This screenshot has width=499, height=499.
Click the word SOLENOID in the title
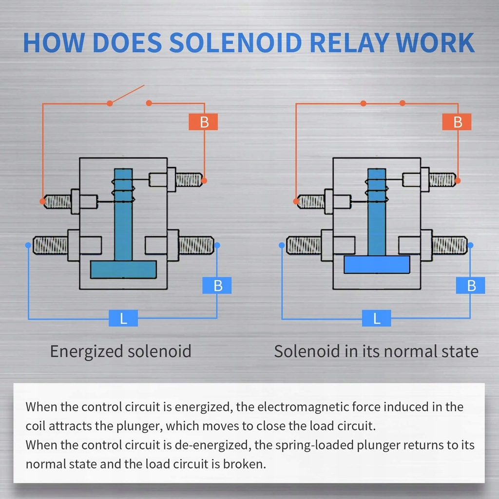pyautogui.click(x=236, y=43)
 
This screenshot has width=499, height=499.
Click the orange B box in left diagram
pyautogui.click(x=203, y=122)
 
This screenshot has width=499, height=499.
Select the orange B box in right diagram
pyautogui.click(x=457, y=122)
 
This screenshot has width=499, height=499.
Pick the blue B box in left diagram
pyautogui.click(x=217, y=286)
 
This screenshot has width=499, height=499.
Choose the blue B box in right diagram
pyautogui.click(x=470, y=286)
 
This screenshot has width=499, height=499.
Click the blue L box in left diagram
pyautogui.click(x=123, y=319)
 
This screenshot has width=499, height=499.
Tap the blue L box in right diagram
pyautogui.click(x=377, y=319)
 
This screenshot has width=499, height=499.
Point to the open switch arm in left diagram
pyautogui.click(x=127, y=95)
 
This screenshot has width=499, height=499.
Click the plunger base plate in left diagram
pyautogui.click(x=123, y=269)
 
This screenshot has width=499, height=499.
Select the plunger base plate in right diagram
pyautogui.click(x=377, y=264)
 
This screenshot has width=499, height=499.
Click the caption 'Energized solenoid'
pyautogui.click(x=120, y=351)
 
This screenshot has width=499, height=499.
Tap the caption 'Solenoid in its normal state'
pyautogui.click(x=376, y=351)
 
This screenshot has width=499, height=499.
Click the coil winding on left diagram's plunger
pyautogui.click(x=123, y=190)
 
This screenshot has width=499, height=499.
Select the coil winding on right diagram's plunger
pyautogui.click(x=377, y=190)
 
